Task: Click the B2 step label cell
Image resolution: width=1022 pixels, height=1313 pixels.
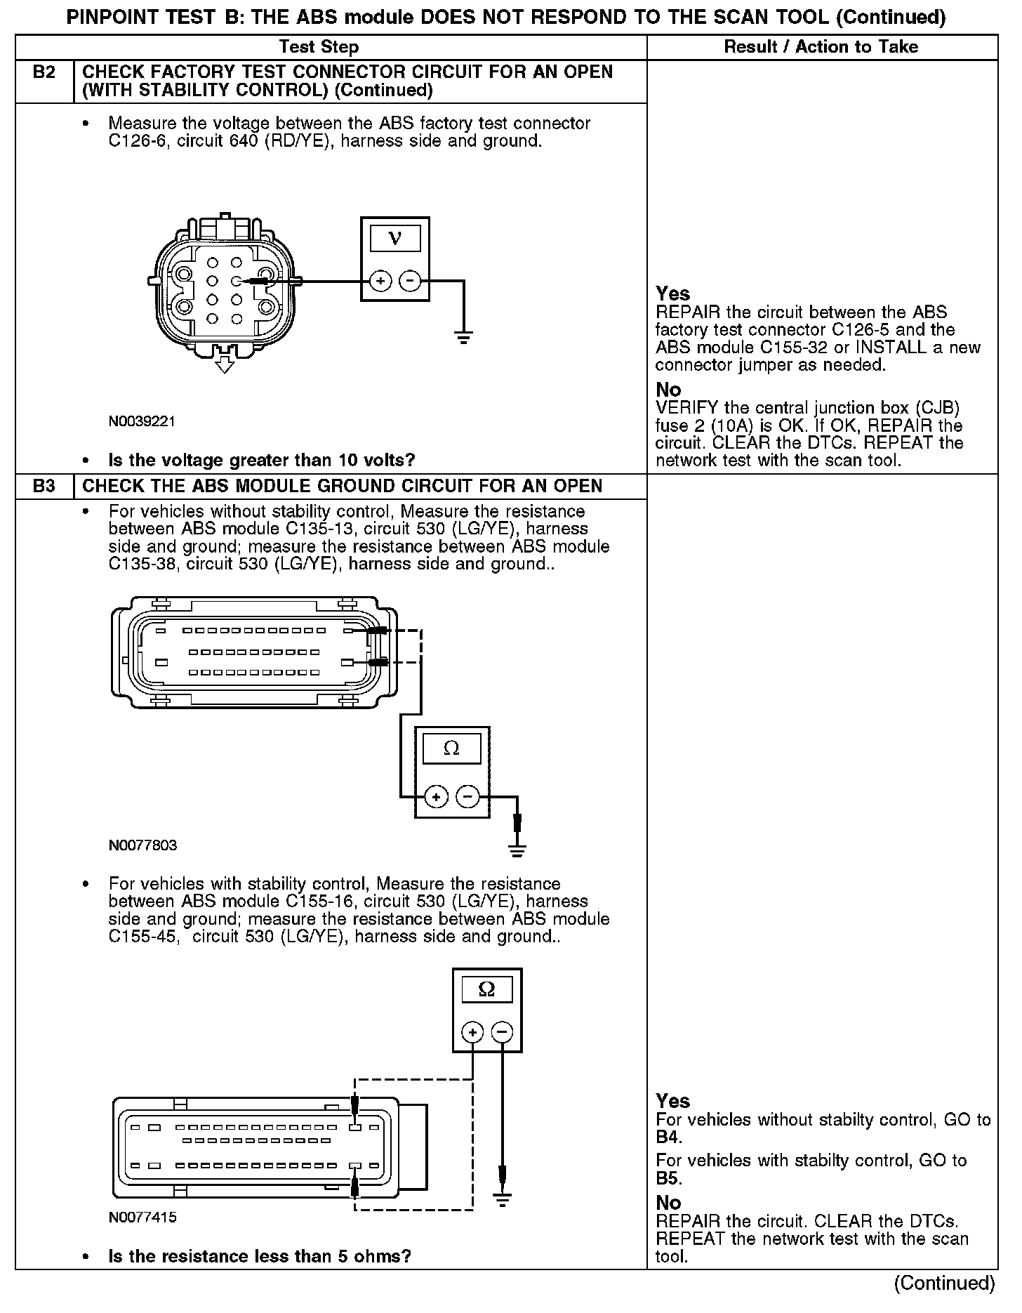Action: click(44, 73)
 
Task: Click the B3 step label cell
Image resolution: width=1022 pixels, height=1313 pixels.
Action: click(44, 486)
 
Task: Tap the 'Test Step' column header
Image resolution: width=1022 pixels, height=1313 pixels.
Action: click(319, 47)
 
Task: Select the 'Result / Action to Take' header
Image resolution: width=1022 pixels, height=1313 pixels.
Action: click(821, 47)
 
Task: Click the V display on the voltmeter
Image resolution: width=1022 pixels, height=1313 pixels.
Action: click(394, 239)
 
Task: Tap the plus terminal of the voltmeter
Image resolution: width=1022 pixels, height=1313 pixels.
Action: click(380, 282)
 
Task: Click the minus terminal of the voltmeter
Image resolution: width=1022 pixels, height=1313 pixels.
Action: click(410, 282)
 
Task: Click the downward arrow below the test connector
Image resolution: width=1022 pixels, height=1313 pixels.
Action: click(224, 364)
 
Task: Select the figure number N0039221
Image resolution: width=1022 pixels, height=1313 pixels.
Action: click(142, 421)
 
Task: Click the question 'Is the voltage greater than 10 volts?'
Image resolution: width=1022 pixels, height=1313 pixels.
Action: click(261, 460)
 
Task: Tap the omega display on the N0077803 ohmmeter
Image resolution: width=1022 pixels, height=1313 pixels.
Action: click(452, 748)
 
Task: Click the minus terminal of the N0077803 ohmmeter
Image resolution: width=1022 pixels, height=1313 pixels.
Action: click(467, 796)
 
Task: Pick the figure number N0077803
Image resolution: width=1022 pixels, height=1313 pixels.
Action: click(142, 845)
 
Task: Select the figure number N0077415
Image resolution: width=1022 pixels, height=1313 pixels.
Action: click(142, 1218)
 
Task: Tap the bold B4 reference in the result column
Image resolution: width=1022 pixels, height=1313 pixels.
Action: click(668, 1137)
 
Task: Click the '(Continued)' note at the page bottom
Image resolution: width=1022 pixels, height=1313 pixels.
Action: click(943, 1283)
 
